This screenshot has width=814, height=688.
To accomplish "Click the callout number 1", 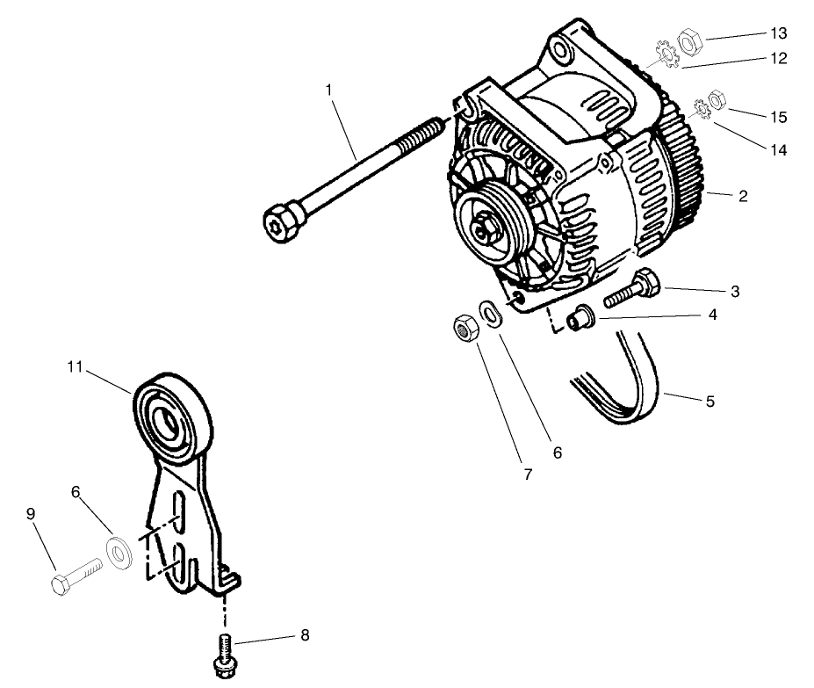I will [x=328, y=89].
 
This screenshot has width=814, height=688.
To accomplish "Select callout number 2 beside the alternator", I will [x=742, y=196].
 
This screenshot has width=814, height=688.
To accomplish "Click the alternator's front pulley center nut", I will [x=486, y=230].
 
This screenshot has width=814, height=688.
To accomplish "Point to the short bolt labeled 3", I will [x=631, y=288].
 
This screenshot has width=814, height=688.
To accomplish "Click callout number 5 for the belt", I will [x=710, y=402].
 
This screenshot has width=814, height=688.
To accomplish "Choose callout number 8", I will [x=304, y=634].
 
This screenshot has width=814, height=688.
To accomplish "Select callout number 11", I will [x=76, y=367].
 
